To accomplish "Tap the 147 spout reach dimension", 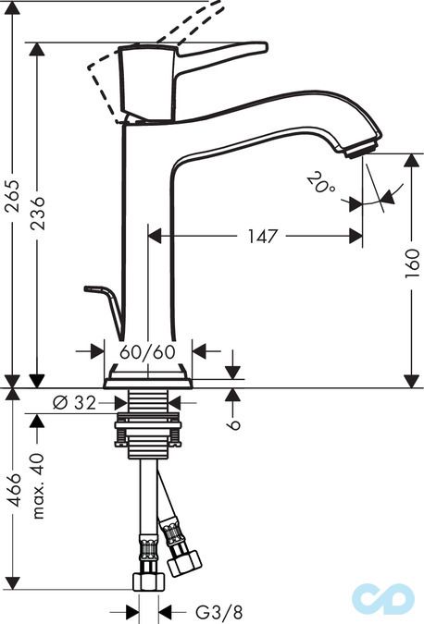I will coord(263,237).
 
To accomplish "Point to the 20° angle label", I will coord(321,185).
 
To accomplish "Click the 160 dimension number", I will coord(414,269).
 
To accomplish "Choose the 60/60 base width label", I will coord(148,352).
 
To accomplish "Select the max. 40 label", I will coord(38,486).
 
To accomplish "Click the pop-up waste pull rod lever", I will coord(106,306).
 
